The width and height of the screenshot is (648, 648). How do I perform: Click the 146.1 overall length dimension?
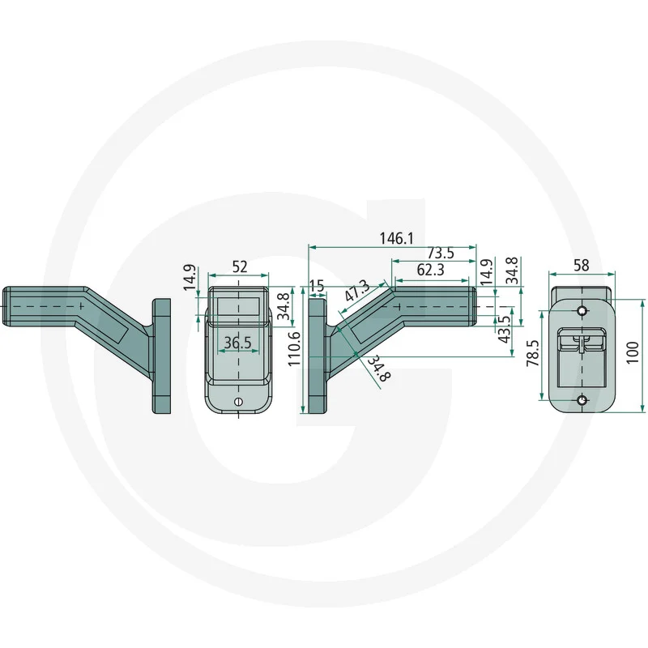click(x=396, y=238)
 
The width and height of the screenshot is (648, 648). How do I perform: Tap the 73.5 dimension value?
click(x=441, y=253)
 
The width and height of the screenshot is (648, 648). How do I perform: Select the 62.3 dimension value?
click(x=431, y=270)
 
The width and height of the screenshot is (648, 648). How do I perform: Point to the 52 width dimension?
click(x=240, y=267)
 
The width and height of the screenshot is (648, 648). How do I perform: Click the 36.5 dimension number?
click(x=237, y=343)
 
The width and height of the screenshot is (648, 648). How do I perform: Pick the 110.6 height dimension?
click(x=294, y=349)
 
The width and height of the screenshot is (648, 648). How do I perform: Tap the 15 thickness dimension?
click(x=318, y=286)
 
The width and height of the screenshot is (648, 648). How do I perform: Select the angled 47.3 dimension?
click(x=358, y=291)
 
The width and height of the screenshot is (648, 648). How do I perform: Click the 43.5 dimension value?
click(x=504, y=329)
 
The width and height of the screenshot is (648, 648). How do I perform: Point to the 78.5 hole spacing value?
click(x=533, y=353)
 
